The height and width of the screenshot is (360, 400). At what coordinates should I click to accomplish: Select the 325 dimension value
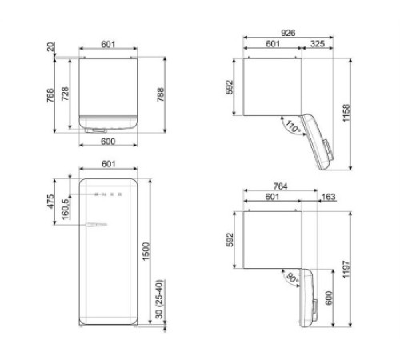pos(317,44)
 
